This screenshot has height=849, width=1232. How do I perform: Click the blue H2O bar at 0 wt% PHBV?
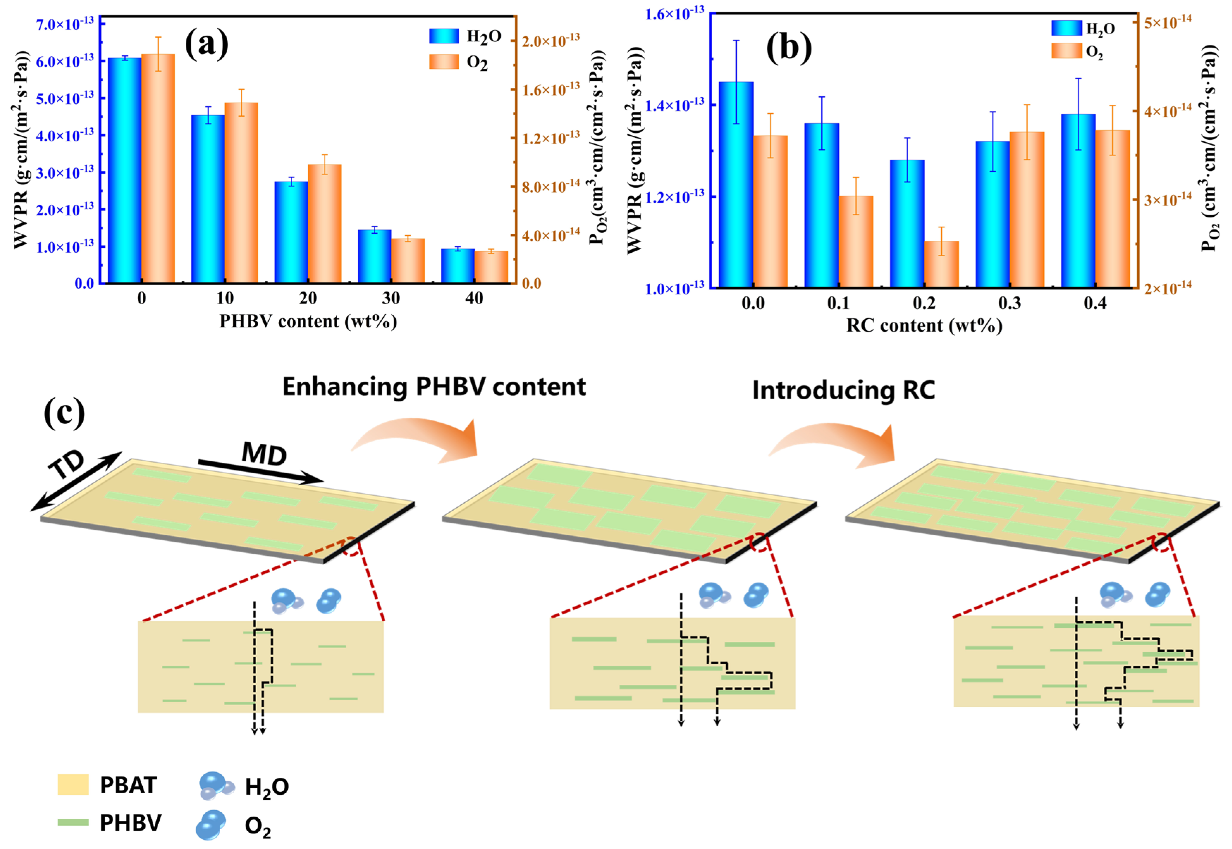(125, 170)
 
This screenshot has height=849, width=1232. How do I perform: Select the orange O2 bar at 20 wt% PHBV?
(325, 223)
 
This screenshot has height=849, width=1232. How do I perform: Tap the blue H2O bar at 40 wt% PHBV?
(457, 266)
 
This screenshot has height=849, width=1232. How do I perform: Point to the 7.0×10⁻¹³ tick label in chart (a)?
(65, 24)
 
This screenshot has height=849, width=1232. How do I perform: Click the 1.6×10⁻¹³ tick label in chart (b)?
(674, 14)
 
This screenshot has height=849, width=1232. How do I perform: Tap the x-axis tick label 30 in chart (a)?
(391, 299)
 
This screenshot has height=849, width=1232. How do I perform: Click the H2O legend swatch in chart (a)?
(444, 36)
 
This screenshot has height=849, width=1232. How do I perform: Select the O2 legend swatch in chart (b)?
(1066, 51)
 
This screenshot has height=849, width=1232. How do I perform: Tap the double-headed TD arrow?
(76, 481)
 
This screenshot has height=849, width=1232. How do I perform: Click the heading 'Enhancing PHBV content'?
(433, 387)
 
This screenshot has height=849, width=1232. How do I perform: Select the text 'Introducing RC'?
(843, 390)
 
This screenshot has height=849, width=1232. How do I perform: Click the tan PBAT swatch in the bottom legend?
(73, 785)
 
